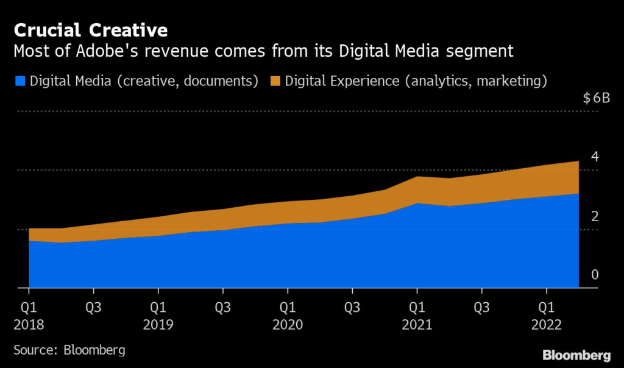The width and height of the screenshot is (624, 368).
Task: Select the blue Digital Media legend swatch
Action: tap(19, 81)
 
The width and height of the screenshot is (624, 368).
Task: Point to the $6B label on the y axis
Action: tap(596, 99)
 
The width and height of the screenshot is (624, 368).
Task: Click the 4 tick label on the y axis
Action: tap(595, 157)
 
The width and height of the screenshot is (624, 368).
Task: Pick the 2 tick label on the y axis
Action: tap(595, 216)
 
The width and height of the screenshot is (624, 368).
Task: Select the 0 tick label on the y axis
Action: tap(595, 275)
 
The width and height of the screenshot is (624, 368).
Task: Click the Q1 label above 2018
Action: tap(28, 308)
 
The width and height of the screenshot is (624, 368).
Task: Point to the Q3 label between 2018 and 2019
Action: tap(93, 308)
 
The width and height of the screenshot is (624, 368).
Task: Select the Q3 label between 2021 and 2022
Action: tap(482, 308)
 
